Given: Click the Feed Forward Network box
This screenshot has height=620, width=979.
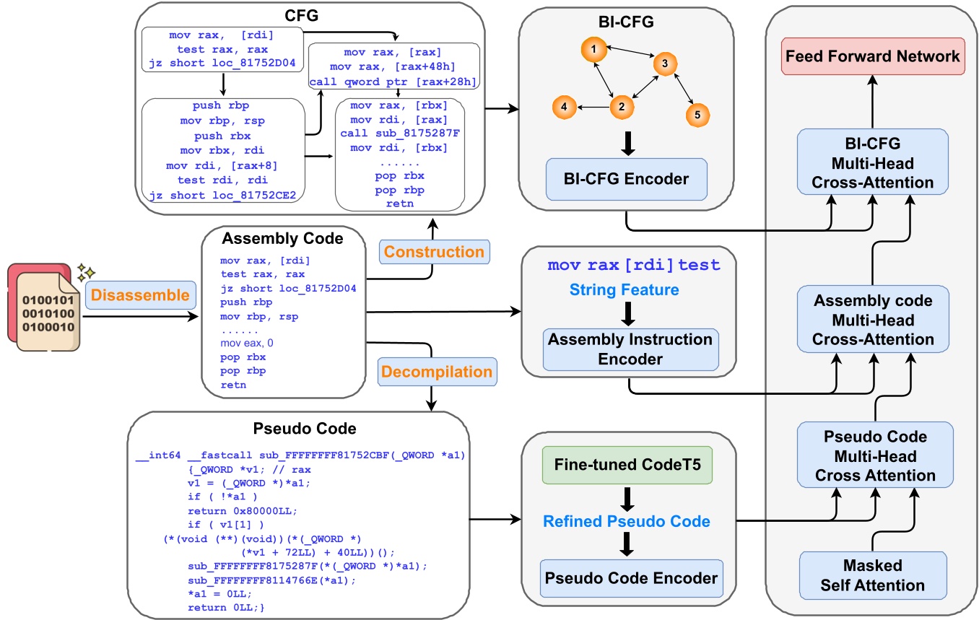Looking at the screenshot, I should click(873, 56).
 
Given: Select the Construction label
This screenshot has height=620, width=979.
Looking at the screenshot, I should click(433, 252).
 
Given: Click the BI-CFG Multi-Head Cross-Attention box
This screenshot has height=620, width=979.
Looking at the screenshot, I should click(873, 162).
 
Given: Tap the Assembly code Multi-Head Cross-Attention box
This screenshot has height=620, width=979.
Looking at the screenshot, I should click(873, 319).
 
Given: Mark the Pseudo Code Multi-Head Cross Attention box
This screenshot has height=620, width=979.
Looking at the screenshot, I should click(873, 457).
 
